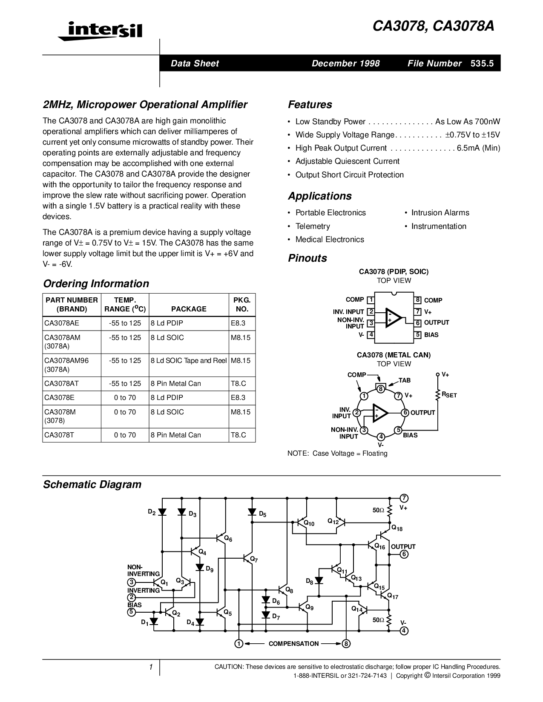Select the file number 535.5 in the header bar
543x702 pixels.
(x=482, y=63)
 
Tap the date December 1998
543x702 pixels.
(x=345, y=63)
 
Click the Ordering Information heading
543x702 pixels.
(x=96, y=284)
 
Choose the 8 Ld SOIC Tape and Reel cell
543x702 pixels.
(x=188, y=360)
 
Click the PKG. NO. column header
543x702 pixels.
(x=242, y=304)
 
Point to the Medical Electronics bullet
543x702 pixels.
(x=330, y=240)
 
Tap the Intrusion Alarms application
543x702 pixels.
(x=440, y=213)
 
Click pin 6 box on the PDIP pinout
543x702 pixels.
(x=418, y=323)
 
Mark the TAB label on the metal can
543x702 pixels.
(x=405, y=380)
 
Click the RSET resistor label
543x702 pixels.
(x=449, y=395)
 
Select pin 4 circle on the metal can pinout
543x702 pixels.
(x=381, y=437)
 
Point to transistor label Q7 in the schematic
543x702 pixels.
(x=254, y=559)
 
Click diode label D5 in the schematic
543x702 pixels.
(x=262, y=514)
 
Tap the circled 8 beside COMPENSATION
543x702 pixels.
(x=346, y=644)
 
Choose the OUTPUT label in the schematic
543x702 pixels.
(x=403, y=547)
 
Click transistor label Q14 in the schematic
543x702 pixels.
(x=357, y=609)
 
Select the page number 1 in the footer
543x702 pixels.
(x=151, y=667)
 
